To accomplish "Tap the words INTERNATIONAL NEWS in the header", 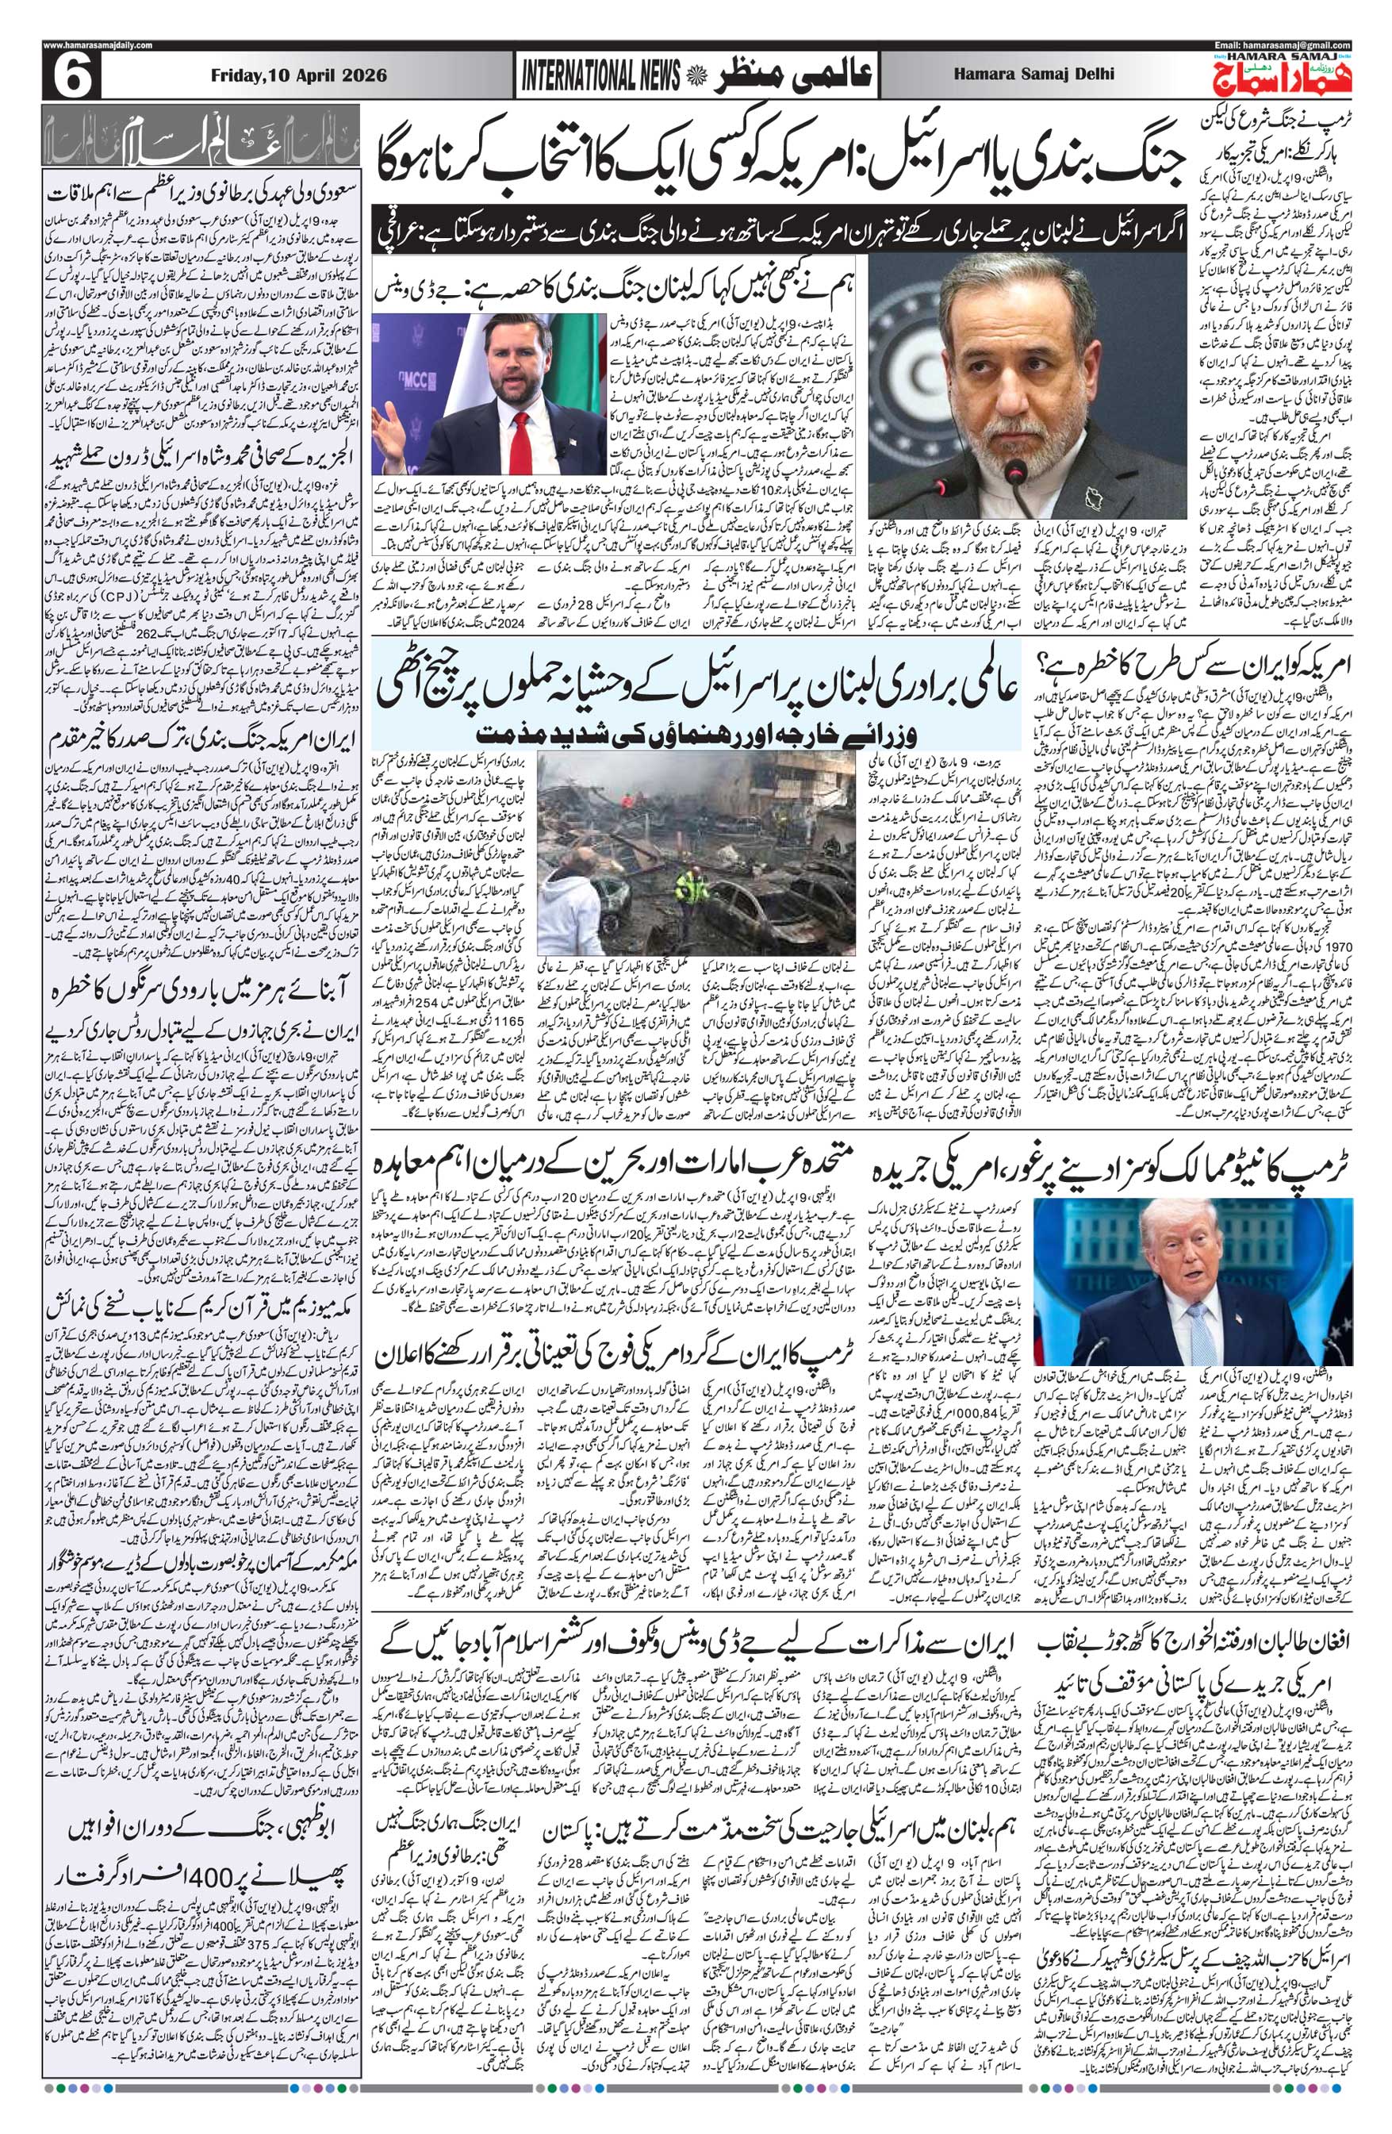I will (597, 77).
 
